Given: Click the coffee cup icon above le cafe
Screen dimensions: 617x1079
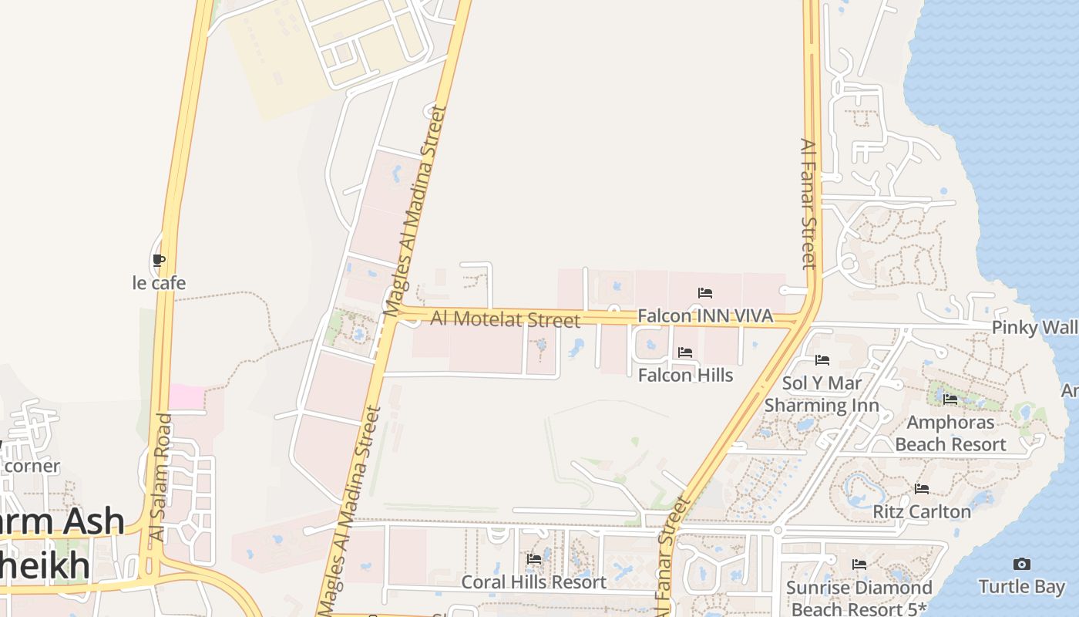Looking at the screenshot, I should (159, 261).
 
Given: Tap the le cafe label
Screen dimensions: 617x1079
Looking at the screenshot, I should (159, 283).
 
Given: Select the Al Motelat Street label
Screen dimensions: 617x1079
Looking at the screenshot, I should (505, 319).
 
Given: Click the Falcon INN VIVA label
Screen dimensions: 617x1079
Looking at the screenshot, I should (704, 316).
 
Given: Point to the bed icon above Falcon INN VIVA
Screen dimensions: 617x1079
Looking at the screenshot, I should (704, 293).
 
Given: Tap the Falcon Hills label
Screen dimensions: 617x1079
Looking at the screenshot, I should (685, 375).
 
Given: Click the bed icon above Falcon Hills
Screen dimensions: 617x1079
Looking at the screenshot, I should (684, 352).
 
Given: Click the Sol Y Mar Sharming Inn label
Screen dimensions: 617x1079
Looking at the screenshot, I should (822, 394).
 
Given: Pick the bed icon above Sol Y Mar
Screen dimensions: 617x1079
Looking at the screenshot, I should (822, 360).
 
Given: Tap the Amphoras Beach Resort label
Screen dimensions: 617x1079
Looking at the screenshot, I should (950, 433).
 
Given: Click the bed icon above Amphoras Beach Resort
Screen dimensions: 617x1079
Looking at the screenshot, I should (950, 400).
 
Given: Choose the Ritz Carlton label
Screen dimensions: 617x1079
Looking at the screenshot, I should (921, 511).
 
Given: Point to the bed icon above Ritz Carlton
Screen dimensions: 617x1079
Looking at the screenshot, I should (921, 489).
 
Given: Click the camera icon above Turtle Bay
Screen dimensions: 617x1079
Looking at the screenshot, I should (1021, 565).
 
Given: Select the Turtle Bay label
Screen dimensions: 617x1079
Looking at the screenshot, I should (1021, 587).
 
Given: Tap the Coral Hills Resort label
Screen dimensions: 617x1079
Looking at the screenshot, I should (533, 582).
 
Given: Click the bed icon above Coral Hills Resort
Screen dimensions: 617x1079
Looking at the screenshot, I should (533, 559).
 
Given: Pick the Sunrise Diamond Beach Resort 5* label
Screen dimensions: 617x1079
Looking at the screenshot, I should (859, 598).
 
